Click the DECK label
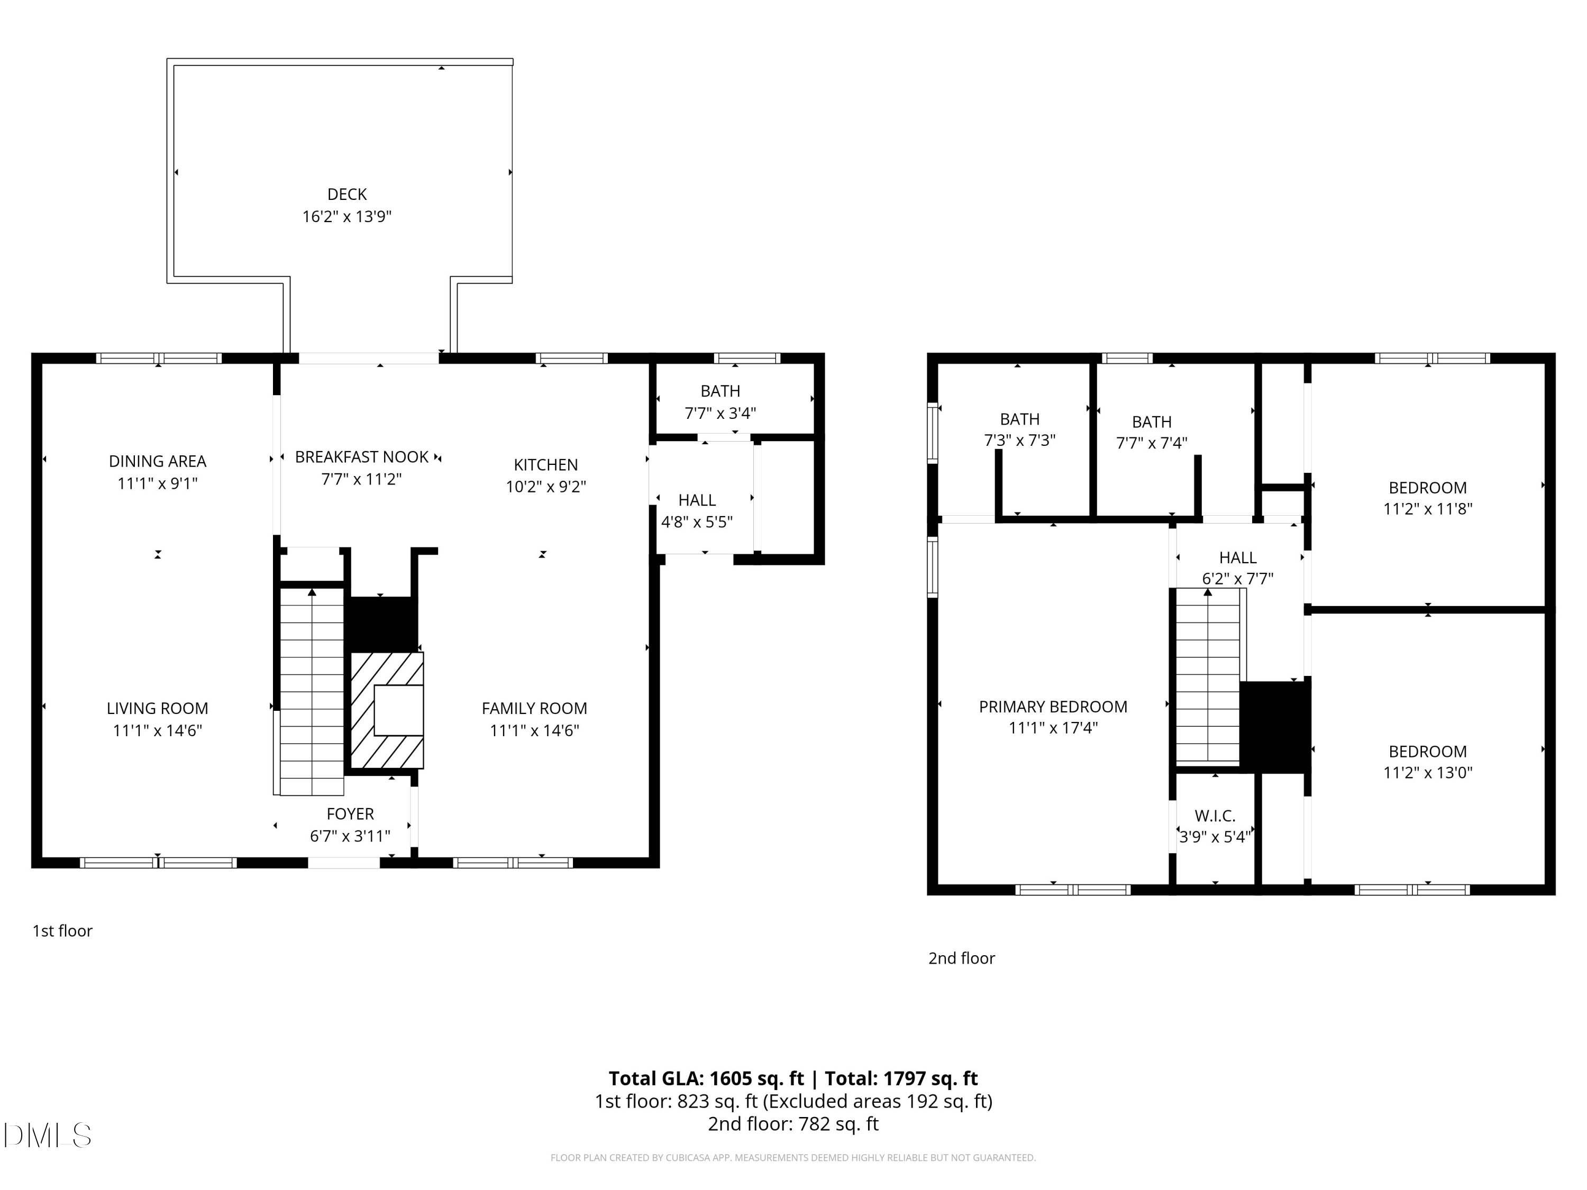coord(346,195)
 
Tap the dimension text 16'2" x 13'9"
coord(346,217)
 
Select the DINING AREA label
coord(157,461)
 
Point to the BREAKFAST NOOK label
coord(362,457)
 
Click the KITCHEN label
coord(545,465)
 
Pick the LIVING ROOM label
coord(157,709)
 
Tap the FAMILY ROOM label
coord(534,709)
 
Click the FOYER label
coord(350,814)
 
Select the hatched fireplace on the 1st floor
coord(387,710)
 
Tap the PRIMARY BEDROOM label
coord(1053,707)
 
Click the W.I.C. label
coord(1215,816)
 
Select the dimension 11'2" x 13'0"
coord(1428,773)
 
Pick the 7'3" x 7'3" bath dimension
coord(1019,441)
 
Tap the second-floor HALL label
coord(1238,557)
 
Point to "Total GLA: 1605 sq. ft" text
coord(707,1079)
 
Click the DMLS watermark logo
coord(48,1136)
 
